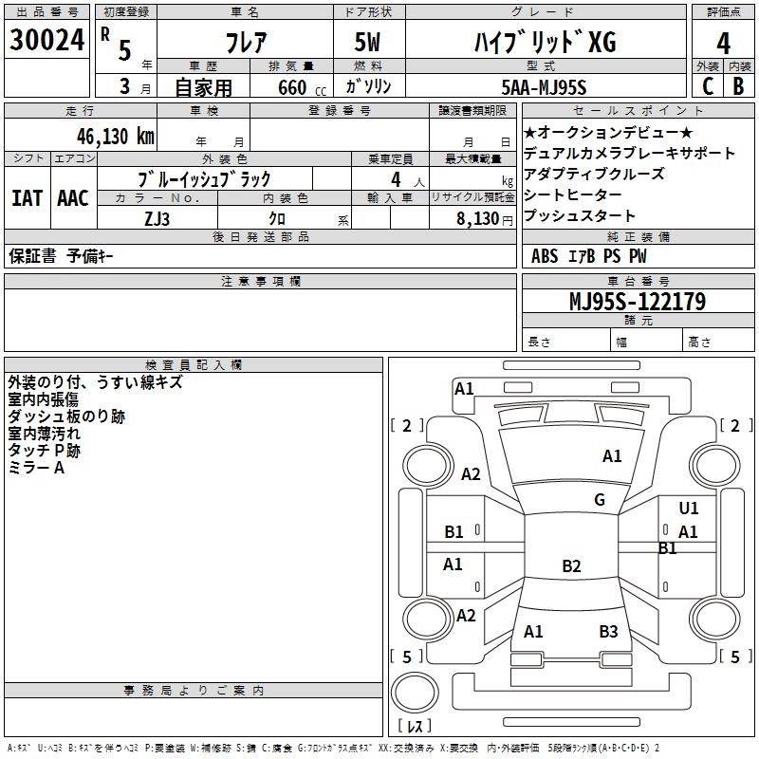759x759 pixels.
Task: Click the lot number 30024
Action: tap(47, 42)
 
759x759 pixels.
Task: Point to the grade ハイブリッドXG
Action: tap(544, 43)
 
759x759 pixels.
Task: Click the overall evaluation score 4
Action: tap(724, 43)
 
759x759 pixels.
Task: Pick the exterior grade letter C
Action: tap(707, 85)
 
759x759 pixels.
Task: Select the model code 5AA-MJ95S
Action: tap(544, 87)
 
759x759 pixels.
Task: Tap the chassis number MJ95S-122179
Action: tap(637, 302)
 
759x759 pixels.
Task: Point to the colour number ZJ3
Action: tap(157, 218)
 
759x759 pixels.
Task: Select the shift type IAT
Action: tap(27, 198)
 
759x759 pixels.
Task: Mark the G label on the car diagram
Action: tap(600, 500)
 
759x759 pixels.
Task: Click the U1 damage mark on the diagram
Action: tap(689, 509)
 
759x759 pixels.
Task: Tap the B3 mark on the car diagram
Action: tap(608, 631)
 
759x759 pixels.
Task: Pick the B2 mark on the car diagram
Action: tap(571, 566)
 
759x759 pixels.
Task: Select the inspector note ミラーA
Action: tap(36, 467)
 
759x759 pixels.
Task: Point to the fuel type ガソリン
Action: tap(369, 87)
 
